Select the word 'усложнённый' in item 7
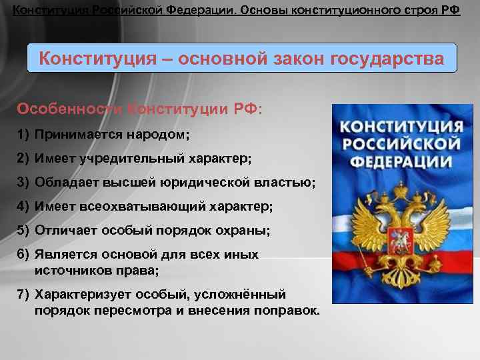tap(243, 294)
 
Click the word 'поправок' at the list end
tap(291, 311)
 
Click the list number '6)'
tap(23, 255)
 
